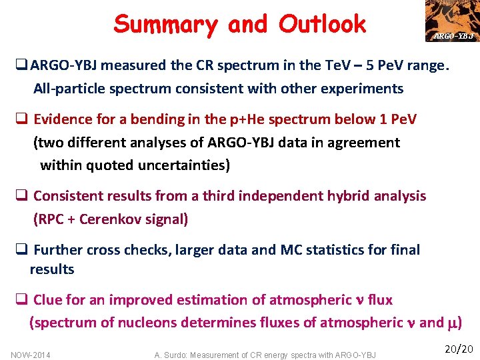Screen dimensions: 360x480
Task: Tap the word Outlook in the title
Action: [323, 25]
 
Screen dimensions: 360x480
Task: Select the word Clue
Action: [48, 300]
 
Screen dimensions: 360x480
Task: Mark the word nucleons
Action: [155, 323]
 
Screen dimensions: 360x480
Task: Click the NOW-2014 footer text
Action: [31, 355]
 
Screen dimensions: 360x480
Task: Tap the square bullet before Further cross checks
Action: [21, 251]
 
